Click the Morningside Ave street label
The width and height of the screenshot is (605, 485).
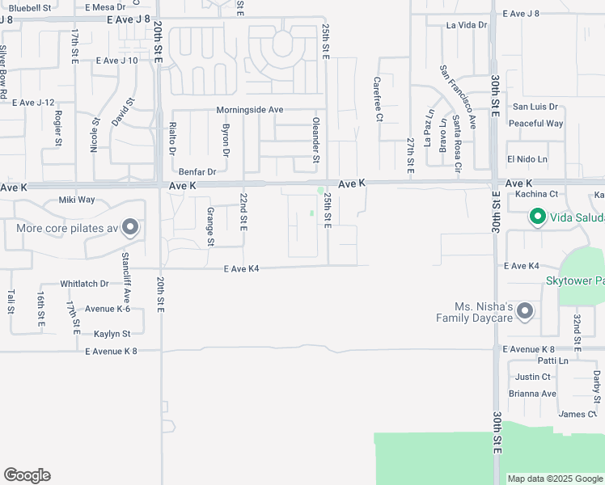[x=249, y=110]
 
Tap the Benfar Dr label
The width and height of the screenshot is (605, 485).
[x=197, y=171]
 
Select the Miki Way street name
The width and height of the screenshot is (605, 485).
[x=77, y=200]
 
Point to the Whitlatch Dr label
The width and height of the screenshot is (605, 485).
[x=84, y=284]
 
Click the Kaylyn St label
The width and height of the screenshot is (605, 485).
[x=112, y=333]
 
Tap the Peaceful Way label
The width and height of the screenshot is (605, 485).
[x=536, y=124]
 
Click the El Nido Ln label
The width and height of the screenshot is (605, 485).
[x=527, y=159]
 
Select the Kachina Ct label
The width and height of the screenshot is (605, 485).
[x=536, y=194]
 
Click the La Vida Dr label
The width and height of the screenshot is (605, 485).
[x=467, y=25]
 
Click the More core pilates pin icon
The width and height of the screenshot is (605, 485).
[x=129, y=228]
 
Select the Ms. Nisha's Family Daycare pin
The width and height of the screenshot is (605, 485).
[x=525, y=311]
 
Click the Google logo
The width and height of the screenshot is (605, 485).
[x=27, y=475]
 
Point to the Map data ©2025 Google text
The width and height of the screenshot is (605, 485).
[x=555, y=479]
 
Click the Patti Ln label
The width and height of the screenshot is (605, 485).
[x=530, y=361]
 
